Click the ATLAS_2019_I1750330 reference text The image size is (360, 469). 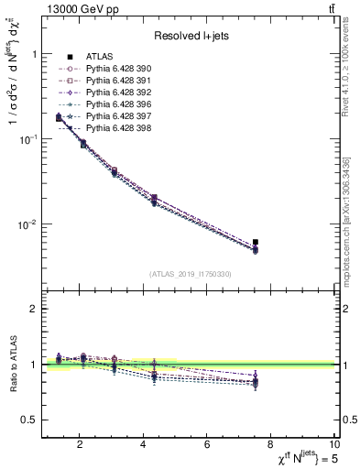coord(191,274)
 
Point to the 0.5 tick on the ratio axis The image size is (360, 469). coord(28,420)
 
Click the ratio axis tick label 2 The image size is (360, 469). coord(33,309)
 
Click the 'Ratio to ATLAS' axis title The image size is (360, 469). coord(12,364)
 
